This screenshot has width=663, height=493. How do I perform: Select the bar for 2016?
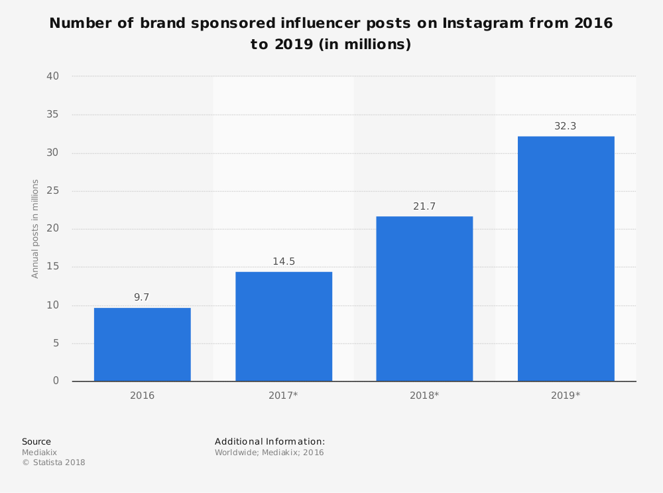(x=142, y=344)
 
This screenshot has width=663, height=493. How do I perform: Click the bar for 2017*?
(x=283, y=326)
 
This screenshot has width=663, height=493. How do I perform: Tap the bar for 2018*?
(x=424, y=299)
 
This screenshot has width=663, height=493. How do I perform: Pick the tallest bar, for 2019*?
(x=566, y=259)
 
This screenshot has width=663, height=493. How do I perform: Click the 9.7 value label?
(x=142, y=297)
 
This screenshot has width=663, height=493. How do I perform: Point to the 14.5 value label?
(x=283, y=261)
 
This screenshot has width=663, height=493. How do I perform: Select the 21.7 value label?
(x=424, y=206)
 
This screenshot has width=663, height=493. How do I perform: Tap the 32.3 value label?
(x=566, y=126)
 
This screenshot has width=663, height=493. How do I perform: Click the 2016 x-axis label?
(x=142, y=395)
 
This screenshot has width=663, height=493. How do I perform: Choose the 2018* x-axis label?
(x=424, y=395)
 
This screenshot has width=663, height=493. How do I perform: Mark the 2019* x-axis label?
(x=566, y=395)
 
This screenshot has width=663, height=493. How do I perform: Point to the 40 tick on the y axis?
(x=52, y=76)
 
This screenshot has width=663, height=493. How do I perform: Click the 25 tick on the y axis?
(x=52, y=191)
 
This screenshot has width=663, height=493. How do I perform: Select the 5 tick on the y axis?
(x=56, y=343)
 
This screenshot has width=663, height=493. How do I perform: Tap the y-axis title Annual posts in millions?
(x=35, y=229)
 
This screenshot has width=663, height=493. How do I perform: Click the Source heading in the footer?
(x=36, y=441)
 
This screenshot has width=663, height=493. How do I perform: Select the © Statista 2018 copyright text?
(x=53, y=462)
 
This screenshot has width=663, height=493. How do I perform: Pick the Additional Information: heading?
(x=270, y=441)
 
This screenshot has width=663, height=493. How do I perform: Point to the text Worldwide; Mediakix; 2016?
(x=269, y=453)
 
